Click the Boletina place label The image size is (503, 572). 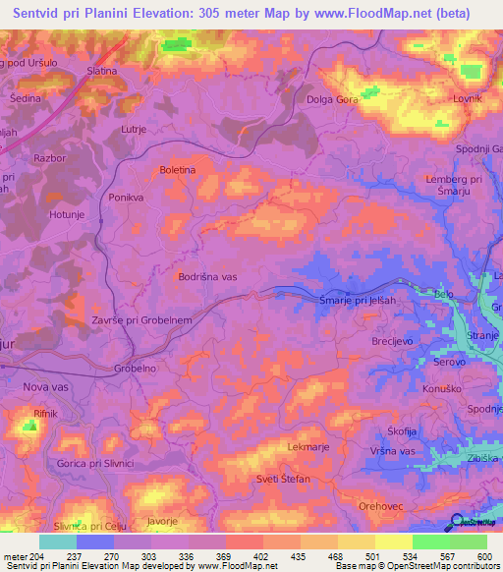(x=179, y=170)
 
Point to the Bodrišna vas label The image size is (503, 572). (x=207, y=277)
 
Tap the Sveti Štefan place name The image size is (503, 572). (x=283, y=479)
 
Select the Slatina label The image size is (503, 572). (x=101, y=71)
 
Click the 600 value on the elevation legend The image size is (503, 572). (x=483, y=556)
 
